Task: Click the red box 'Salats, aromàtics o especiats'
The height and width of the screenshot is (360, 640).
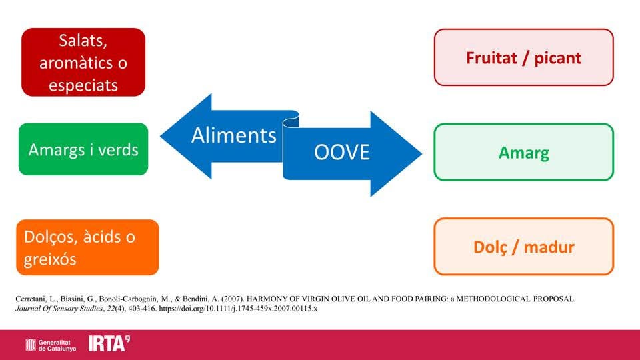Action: click(x=83, y=62)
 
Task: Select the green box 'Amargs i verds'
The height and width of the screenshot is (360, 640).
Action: click(x=83, y=149)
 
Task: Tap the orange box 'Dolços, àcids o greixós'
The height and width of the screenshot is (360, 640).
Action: click(x=87, y=247)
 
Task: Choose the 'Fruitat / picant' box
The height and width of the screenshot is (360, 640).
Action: click(x=524, y=57)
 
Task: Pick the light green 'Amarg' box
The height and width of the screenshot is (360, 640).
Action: click(x=524, y=152)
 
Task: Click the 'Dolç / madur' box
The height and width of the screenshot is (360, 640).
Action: click(x=524, y=247)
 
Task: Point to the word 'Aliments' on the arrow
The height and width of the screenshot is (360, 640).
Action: click(x=234, y=135)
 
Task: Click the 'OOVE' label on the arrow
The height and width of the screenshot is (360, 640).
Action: click(x=342, y=152)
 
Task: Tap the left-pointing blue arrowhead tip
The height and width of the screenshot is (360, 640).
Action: click(x=161, y=136)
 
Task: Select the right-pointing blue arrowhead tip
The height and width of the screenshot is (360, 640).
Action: click(x=421, y=154)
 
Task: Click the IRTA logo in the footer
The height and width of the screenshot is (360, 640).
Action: click(x=109, y=344)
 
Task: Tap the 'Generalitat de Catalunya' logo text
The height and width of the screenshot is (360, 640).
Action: click(x=57, y=346)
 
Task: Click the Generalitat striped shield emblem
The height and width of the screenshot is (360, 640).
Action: click(x=31, y=345)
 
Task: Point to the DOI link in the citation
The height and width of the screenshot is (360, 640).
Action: click(x=238, y=309)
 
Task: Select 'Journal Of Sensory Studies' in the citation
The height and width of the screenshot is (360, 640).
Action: click(x=59, y=309)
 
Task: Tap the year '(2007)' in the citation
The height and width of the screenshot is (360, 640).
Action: click(x=232, y=299)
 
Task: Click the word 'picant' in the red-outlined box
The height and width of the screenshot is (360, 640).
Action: click(x=558, y=59)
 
